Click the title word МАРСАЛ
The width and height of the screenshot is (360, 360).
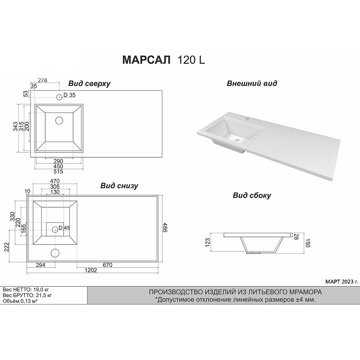point(147,60)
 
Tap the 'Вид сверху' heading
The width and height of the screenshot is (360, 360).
point(89,84)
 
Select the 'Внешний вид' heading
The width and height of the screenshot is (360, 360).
point(252,83)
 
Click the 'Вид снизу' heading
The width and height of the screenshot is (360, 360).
point(119,186)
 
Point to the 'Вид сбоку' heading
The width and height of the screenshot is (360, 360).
point(252,195)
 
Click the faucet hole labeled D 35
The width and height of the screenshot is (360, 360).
point(59,97)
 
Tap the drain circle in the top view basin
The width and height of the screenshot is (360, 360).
point(59,121)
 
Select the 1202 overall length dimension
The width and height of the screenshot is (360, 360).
point(91,270)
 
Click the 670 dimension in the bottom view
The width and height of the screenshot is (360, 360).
point(108,265)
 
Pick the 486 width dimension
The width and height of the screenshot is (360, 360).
point(165,227)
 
